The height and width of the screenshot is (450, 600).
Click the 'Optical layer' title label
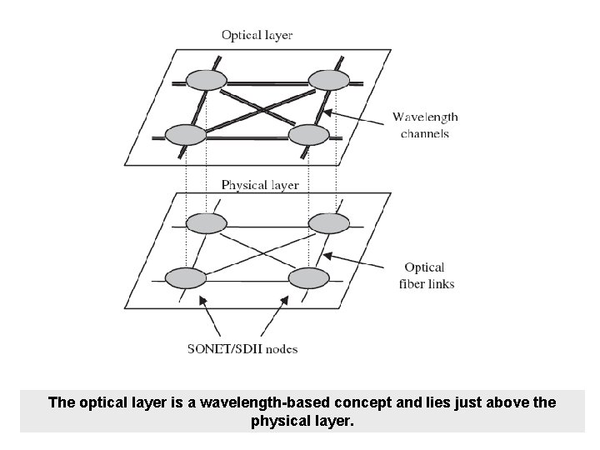click(257, 35)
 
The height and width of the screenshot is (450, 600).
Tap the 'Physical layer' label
click(260, 185)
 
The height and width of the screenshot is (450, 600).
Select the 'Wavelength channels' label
click(425, 125)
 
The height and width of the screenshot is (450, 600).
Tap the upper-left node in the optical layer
click(206, 80)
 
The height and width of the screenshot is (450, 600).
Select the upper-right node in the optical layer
click(328, 80)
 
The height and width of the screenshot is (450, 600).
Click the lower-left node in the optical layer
click(185, 134)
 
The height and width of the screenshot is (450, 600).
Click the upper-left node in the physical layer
click(206, 223)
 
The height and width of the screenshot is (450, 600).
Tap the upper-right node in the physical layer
click(328, 223)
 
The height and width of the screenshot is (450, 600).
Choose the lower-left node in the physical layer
click(185, 277)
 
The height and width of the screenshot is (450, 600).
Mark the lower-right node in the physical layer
click(308, 277)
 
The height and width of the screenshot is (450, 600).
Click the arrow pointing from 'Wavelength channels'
click(357, 118)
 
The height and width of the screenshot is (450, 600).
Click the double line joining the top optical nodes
click(267, 82)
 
